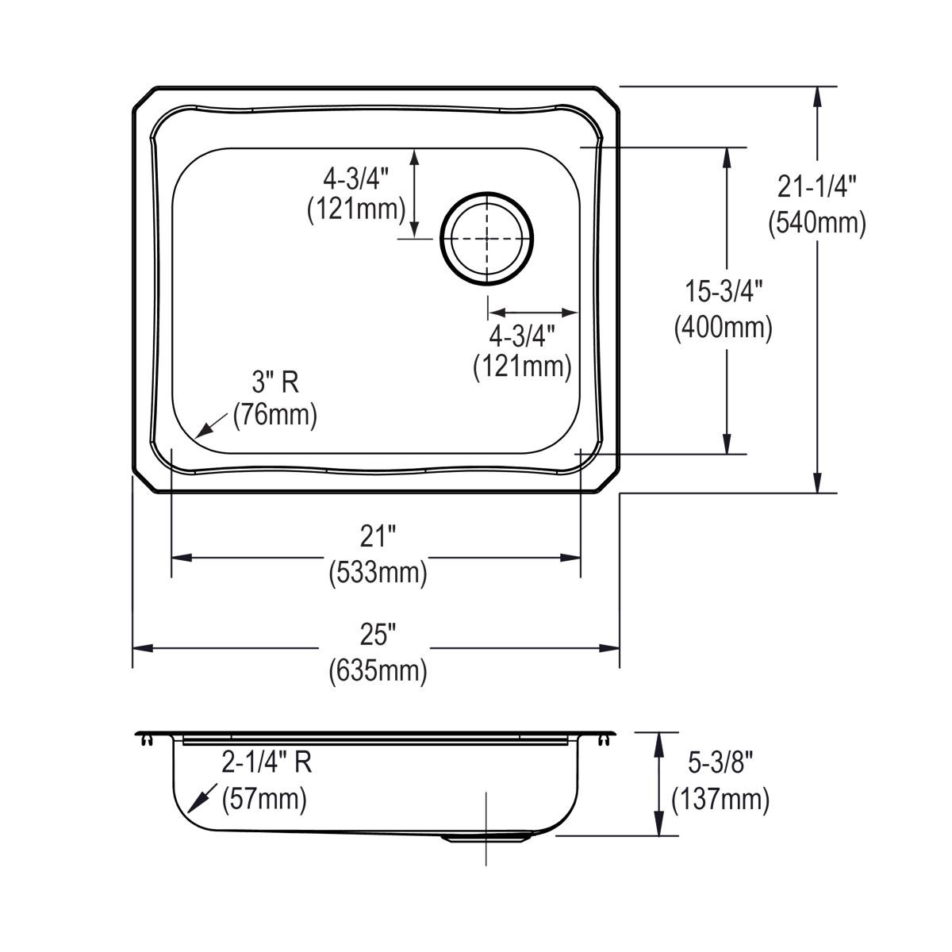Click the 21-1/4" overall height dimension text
pos(817,187)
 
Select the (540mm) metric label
pos(817,223)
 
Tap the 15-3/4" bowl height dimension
pos(724,292)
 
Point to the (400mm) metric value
pos(724,328)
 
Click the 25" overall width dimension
pos(378,635)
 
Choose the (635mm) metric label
pos(378,671)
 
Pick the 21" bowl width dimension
pos(378,537)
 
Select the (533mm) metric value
pos(378,573)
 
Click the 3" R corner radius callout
pos(275,383)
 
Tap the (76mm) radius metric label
pos(275,415)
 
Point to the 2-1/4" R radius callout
pos(267,762)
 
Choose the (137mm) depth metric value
pos(720,799)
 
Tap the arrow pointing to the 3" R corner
pos(205,429)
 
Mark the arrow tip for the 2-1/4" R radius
pos(190,810)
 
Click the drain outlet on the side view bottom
pos(486,836)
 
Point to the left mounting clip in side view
pos(145,740)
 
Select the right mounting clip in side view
pos(605,740)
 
